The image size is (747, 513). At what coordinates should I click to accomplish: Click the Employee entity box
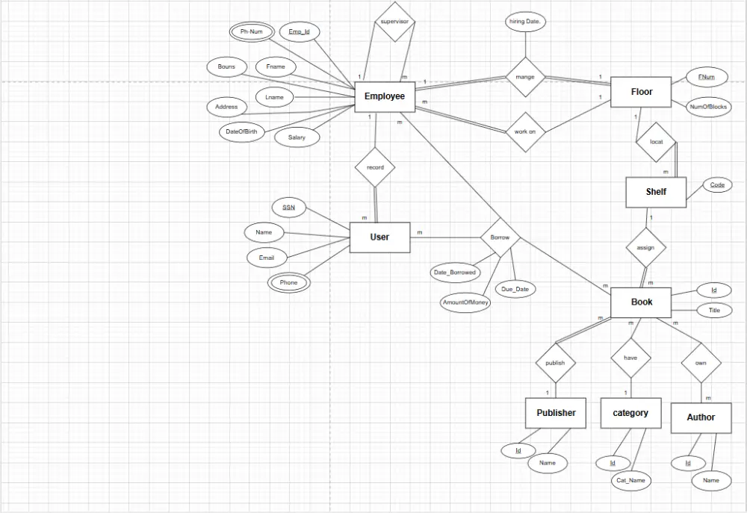385,96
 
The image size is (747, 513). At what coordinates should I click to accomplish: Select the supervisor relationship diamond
394,22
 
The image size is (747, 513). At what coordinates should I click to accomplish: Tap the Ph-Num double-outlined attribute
252,32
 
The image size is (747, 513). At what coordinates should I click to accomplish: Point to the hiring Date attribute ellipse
525,22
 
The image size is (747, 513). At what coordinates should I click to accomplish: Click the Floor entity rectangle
641,92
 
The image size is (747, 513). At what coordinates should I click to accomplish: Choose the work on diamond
525,132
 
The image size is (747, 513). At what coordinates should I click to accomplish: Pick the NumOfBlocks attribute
708,107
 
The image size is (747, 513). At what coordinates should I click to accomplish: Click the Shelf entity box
656,192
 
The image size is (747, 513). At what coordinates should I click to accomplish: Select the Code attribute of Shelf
717,184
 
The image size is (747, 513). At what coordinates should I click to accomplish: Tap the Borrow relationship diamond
500,237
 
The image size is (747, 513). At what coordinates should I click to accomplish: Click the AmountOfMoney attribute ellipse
465,302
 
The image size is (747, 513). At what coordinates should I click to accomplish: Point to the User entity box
379,237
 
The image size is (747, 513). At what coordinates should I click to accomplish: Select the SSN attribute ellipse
288,207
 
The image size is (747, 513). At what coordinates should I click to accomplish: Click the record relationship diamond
375,167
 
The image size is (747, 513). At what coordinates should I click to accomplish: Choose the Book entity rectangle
641,302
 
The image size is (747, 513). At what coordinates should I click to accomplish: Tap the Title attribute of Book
714,311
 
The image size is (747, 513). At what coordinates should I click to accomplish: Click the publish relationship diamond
555,363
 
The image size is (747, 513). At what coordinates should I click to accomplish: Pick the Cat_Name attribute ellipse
630,480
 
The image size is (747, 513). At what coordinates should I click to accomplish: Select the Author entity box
701,417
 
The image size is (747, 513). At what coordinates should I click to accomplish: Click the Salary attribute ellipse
297,137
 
